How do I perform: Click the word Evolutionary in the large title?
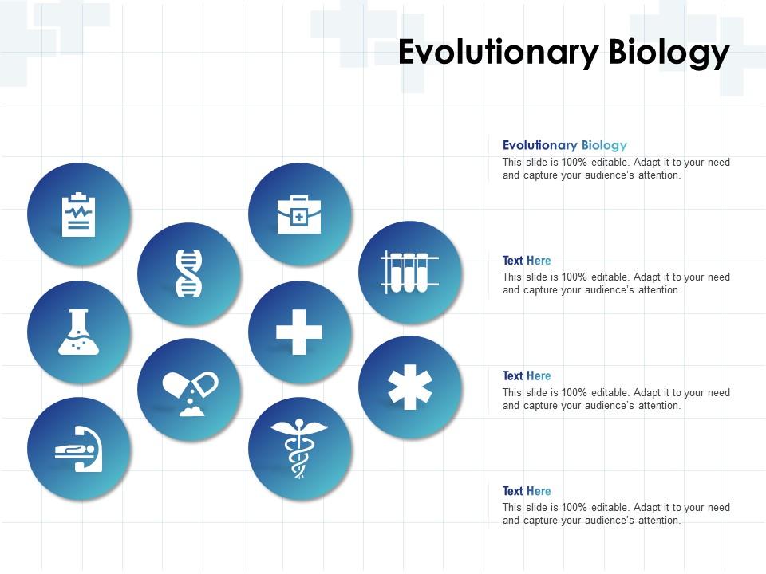pyautogui.click(x=499, y=53)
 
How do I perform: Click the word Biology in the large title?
pyautogui.click(x=669, y=53)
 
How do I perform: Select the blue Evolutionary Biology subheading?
pyautogui.click(x=564, y=145)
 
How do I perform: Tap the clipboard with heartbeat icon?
pyautogui.click(x=78, y=214)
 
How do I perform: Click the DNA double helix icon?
pyautogui.click(x=188, y=273)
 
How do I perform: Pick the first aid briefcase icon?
pyautogui.click(x=299, y=214)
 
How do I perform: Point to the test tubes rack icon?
pyautogui.click(x=409, y=272)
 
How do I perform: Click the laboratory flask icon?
pyautogui.click(x=78, y=332)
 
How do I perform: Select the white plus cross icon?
pyautogui.click(x=299, y=332)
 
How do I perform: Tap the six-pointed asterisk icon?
pyautogui.click(x=409, y=387)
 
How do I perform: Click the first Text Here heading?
pyautogui.click(x=527, y=261)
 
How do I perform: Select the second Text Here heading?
pyautogui.click(x=527, y=375)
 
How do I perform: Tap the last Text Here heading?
pyautogui.click(x=527, y=491)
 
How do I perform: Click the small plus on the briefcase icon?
pyautogui.click(x=299, y=217)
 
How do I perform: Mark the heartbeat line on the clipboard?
pyautogui.click(x=78, y=212)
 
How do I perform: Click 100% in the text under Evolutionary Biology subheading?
pyautogui.click(x=575, y=163)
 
